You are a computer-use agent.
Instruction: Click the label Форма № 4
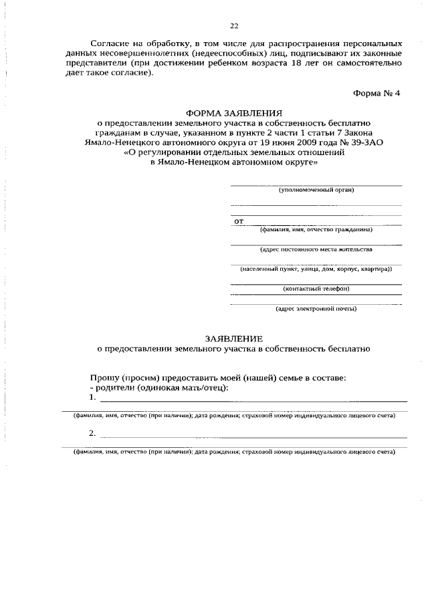(x=376, y=93)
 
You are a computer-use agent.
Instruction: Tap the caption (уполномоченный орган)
(x=316, y=190)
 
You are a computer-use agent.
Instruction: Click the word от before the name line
(x=239, y=221)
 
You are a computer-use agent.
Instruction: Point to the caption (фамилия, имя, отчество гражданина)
(x=316, y=229)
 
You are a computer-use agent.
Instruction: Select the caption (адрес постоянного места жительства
(x=316, y=249)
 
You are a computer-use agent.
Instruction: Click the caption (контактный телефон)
(x=316, y=289)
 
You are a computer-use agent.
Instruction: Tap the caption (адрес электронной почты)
(x=316, y=309)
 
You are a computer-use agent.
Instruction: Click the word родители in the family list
(x=114, y=388)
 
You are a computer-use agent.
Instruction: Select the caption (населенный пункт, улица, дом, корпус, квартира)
(x=316, y=269)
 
